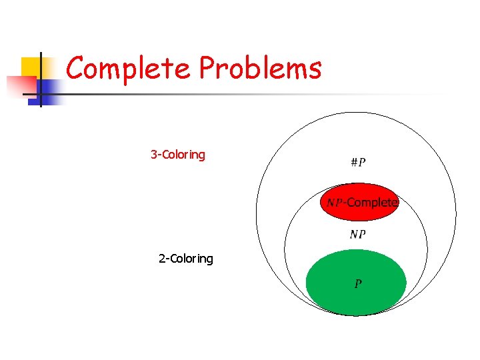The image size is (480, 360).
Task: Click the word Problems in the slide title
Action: [x=261, y=68]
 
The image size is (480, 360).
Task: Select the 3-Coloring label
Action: [x=178, y=155]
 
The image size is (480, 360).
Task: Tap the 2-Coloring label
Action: [x=186, y=259]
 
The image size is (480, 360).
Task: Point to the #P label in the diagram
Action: [x=357, y=163]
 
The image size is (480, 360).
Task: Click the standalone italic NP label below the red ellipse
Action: [x=357, y=234]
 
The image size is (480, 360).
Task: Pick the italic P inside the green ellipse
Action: [x=358, y=284]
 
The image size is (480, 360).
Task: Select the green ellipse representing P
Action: [x=356, y=300]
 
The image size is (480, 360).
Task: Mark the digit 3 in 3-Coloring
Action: [x=154, y=155]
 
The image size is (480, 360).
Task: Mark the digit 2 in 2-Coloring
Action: [x=162, y=259]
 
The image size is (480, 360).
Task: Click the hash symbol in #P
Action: [x=353, y=163]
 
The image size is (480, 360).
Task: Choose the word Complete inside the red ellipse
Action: [x=373, y=202]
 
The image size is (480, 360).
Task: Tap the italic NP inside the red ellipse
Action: [x=334, y=202]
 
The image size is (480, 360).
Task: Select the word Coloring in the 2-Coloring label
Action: [x=191, y=259]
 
